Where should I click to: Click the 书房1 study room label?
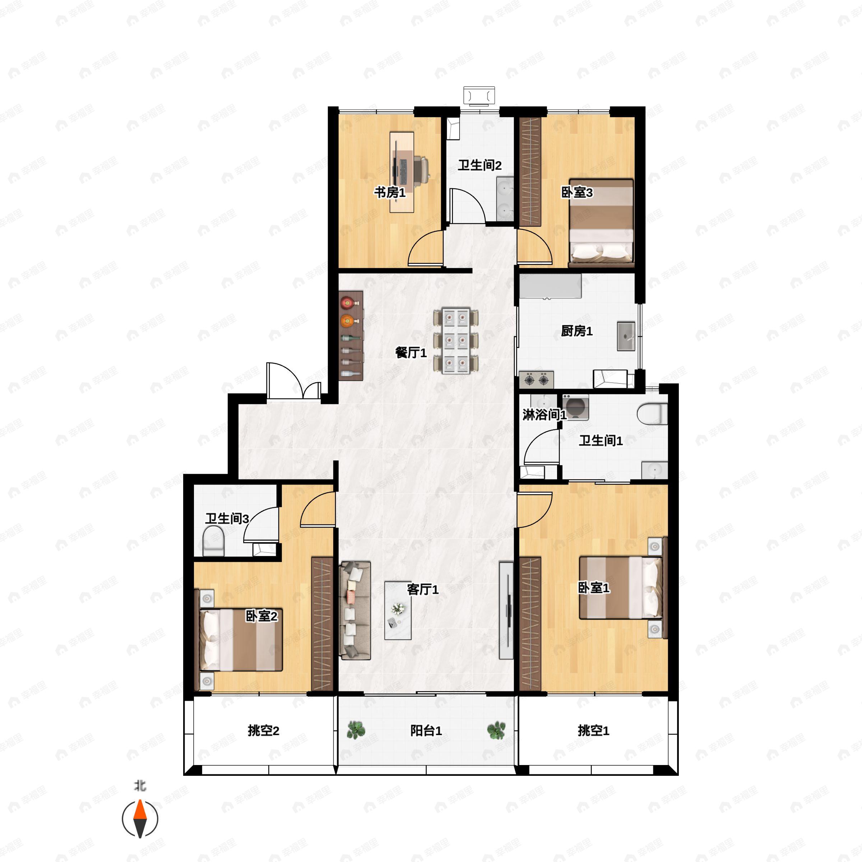click(389, 193)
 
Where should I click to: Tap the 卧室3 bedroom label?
click(576, 193)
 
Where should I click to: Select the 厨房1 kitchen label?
click(576, 331)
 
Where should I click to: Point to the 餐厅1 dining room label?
click(411, 353)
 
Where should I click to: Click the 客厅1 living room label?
click(422, 589)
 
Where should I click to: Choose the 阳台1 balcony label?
click(426, 731)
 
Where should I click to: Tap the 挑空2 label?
click(263, 731)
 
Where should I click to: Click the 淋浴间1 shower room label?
click(544, 415)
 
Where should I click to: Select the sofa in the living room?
click(355, 610)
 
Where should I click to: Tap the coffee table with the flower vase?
click(398, 610)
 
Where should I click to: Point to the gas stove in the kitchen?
click(536, 380)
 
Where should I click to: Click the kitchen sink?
click(626, 336)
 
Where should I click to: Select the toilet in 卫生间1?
click(652, 414)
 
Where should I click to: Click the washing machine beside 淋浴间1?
click(575, 407)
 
